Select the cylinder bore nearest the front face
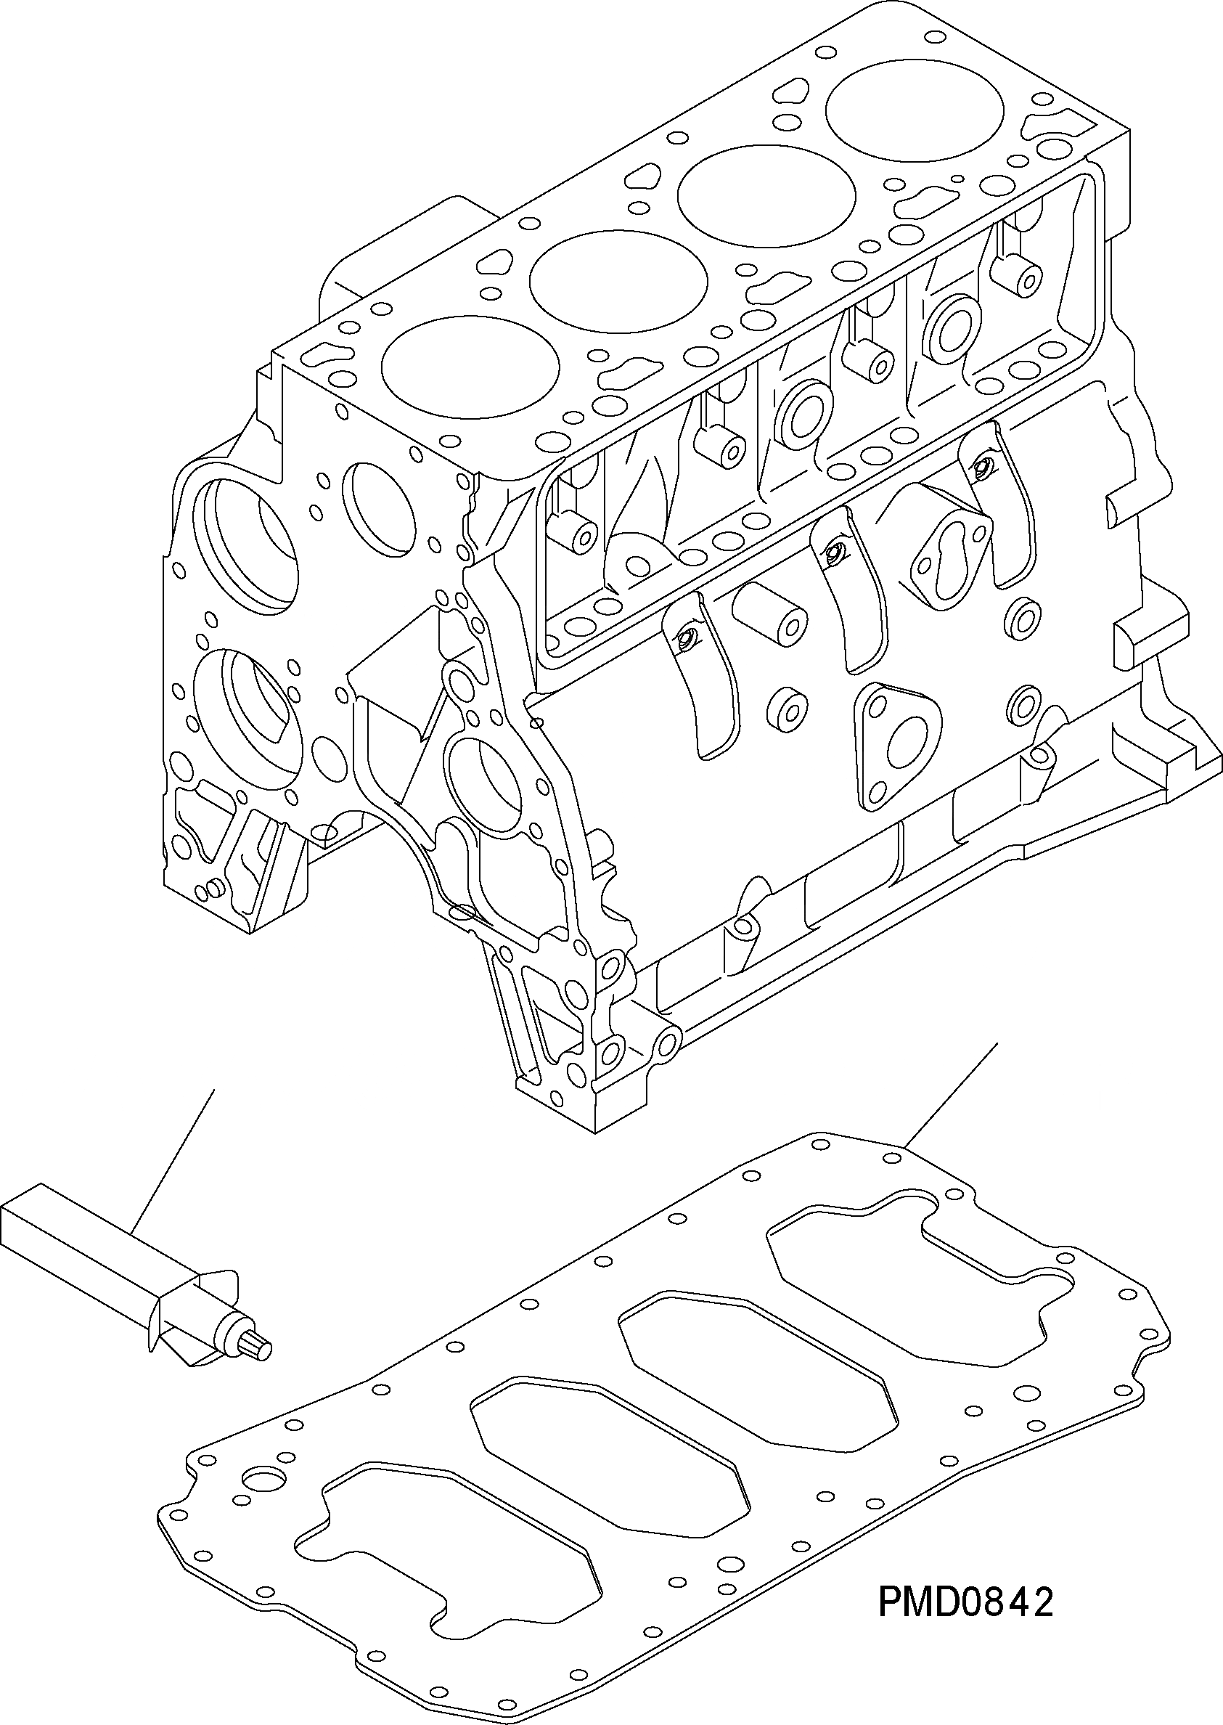pos(470,367)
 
